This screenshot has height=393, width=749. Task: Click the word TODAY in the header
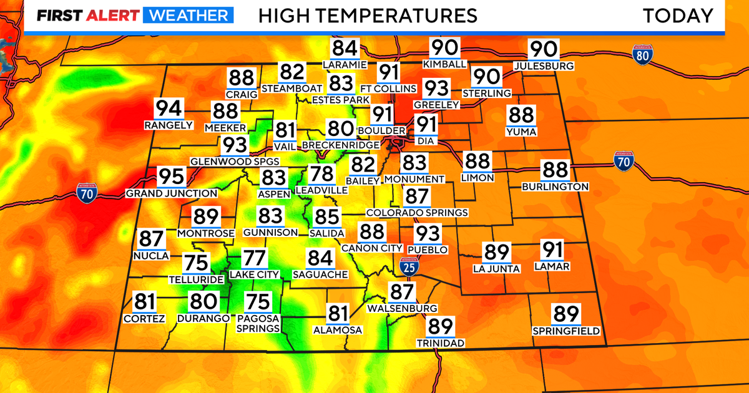(x=678, y=16)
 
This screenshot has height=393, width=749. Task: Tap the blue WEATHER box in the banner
(x=188, y=16)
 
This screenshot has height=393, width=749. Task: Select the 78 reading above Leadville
(x=323, y=175)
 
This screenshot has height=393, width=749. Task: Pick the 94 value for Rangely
(x=169, y=109)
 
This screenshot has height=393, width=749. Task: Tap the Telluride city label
(x=196, y=279)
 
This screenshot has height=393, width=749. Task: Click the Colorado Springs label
(x=417, y=213)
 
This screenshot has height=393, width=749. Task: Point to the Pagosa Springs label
(x=258, y=323)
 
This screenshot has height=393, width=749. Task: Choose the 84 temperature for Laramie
(x=345, y=49)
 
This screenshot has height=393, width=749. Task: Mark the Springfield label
(x=566, y=331)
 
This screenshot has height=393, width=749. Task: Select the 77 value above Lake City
(x=254, y=258)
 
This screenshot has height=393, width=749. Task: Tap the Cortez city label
(x=144, y=319)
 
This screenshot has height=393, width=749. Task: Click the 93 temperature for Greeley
(x=437, y=89)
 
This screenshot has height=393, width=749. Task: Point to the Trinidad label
(x=441, y=343)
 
